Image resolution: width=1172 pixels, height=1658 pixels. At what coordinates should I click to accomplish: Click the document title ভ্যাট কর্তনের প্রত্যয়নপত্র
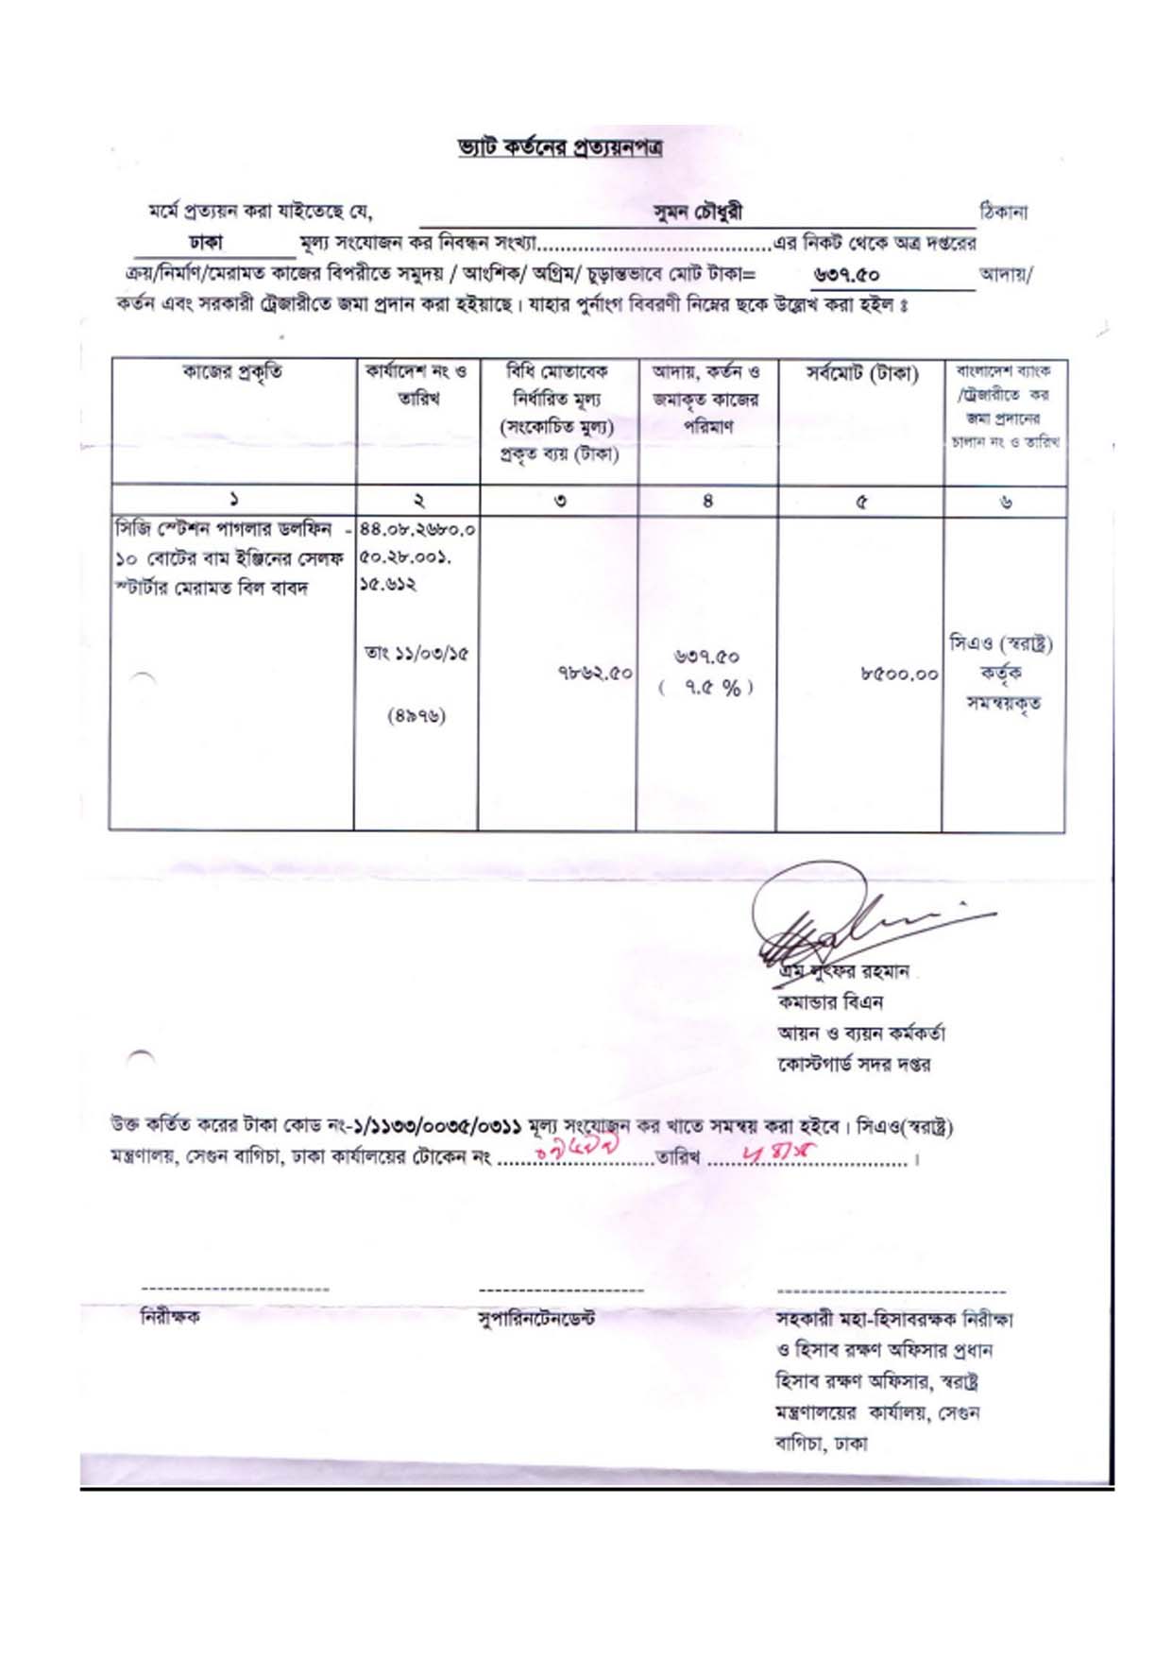click(559, 148)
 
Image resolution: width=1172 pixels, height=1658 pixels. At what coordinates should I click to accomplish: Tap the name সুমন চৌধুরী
click(697, 213)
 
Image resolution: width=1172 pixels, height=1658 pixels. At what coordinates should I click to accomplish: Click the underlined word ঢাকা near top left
click(205, 243)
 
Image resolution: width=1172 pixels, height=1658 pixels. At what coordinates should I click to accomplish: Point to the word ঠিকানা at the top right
click(1003, 212)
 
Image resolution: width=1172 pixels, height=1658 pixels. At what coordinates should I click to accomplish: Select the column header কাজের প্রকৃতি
click(231, 373)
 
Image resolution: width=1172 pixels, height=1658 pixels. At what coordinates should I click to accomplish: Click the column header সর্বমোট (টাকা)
click(861, 374)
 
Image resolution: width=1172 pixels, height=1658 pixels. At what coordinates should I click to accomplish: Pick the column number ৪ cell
click(707, 502)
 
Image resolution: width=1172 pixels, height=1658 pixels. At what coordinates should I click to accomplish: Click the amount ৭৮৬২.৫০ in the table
click(594, 673)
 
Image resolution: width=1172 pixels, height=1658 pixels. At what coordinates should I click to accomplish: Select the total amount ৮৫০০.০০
click(898, 674)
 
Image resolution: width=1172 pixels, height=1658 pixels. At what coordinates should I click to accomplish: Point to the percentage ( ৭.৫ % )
click(706, 688)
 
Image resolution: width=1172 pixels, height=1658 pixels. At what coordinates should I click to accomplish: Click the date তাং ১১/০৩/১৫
click(416, 654)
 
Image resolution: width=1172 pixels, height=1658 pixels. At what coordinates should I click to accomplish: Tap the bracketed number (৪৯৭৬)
click(416, 716)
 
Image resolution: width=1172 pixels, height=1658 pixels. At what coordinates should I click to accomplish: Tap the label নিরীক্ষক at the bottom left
click(170, 1317)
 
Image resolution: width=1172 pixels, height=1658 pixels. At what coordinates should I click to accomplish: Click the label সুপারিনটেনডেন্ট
click(536, 1318)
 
